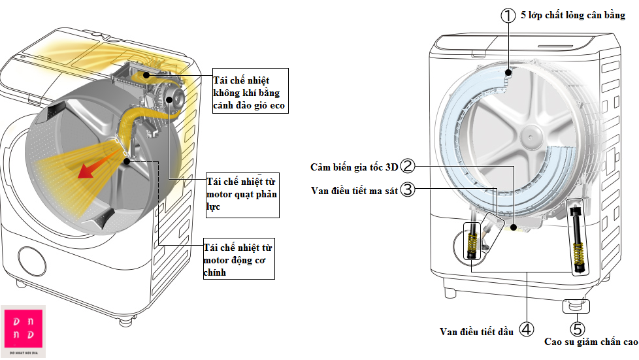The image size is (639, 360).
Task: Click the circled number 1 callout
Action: (x=508, y=16)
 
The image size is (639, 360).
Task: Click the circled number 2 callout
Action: (x=408, y=167)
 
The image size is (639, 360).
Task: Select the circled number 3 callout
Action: (x=408, y=189)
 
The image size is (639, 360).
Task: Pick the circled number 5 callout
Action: (x=578, y=329)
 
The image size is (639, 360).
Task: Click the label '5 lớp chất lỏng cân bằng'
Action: (x=572, y=15)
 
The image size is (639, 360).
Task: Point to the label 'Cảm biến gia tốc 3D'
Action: (x=354, y=167)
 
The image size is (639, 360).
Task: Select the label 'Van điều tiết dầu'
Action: (x=478, y=331)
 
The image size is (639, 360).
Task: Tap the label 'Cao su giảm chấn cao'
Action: (x=591, y=342)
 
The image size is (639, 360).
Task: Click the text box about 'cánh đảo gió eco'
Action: (x=250, y=92)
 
